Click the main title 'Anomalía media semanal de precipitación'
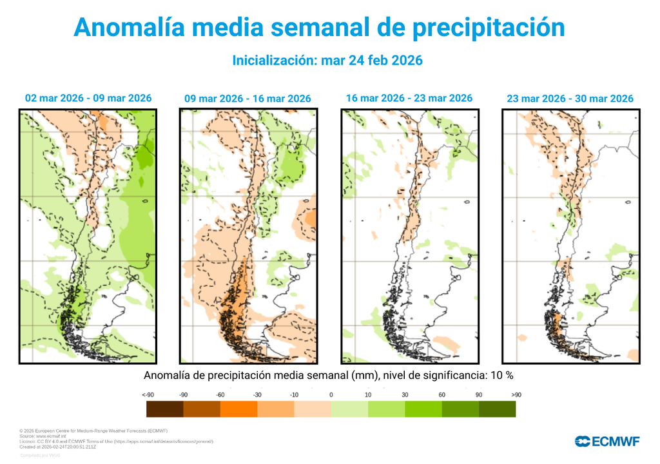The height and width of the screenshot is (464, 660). tap(319, 27)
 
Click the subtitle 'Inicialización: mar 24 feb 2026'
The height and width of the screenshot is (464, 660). tap(327, 60)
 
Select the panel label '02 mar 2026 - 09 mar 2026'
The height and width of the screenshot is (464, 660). tap(88, 98)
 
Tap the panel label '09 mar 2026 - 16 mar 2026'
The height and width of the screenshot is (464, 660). tap(247, 99)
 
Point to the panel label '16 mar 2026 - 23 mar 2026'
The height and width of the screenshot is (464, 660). tap(409, 98)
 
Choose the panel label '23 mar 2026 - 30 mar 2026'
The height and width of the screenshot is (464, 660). tap(570, 99)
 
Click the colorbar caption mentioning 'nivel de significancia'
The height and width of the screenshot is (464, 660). tap(328, 375)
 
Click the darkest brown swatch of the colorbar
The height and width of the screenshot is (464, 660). tap(165, 409)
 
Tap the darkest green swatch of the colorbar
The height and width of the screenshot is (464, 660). tap(497, 409)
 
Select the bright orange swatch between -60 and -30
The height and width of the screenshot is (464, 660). tap(238, 409)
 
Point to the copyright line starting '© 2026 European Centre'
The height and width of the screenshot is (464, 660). tap(93, 430)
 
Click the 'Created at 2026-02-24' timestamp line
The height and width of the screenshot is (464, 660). tap(67, 446)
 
